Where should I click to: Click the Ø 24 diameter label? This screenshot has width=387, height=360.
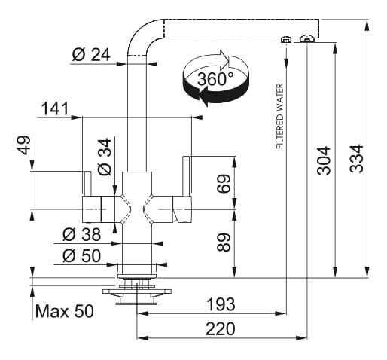point(91,55)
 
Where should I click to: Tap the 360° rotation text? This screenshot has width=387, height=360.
point(215,79)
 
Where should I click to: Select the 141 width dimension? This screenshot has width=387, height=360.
point(55,108)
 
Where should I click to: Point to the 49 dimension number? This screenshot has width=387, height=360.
point(23,145)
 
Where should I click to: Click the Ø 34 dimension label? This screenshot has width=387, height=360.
point(105,157)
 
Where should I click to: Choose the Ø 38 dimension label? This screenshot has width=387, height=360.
point(82,234)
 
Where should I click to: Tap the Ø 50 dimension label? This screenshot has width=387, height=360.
point(82,255)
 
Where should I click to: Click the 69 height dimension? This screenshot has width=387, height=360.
point(224,184)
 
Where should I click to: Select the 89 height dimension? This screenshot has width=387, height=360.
point(224,242)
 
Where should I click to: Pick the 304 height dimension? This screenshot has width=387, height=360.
point(324,160)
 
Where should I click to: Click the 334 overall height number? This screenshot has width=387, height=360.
point(356,158)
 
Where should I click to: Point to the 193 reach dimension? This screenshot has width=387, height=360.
point(221,304)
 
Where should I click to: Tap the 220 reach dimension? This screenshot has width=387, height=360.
point(221,328)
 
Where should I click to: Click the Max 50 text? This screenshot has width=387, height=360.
point(65,311)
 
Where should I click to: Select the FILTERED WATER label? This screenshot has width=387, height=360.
point(279,116)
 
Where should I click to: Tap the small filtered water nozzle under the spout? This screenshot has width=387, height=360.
point(285,40)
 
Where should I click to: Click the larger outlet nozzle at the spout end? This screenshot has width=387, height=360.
point(307,38)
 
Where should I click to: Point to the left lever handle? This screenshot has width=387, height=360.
point(87,184)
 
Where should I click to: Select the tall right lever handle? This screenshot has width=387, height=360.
point(186,176)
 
